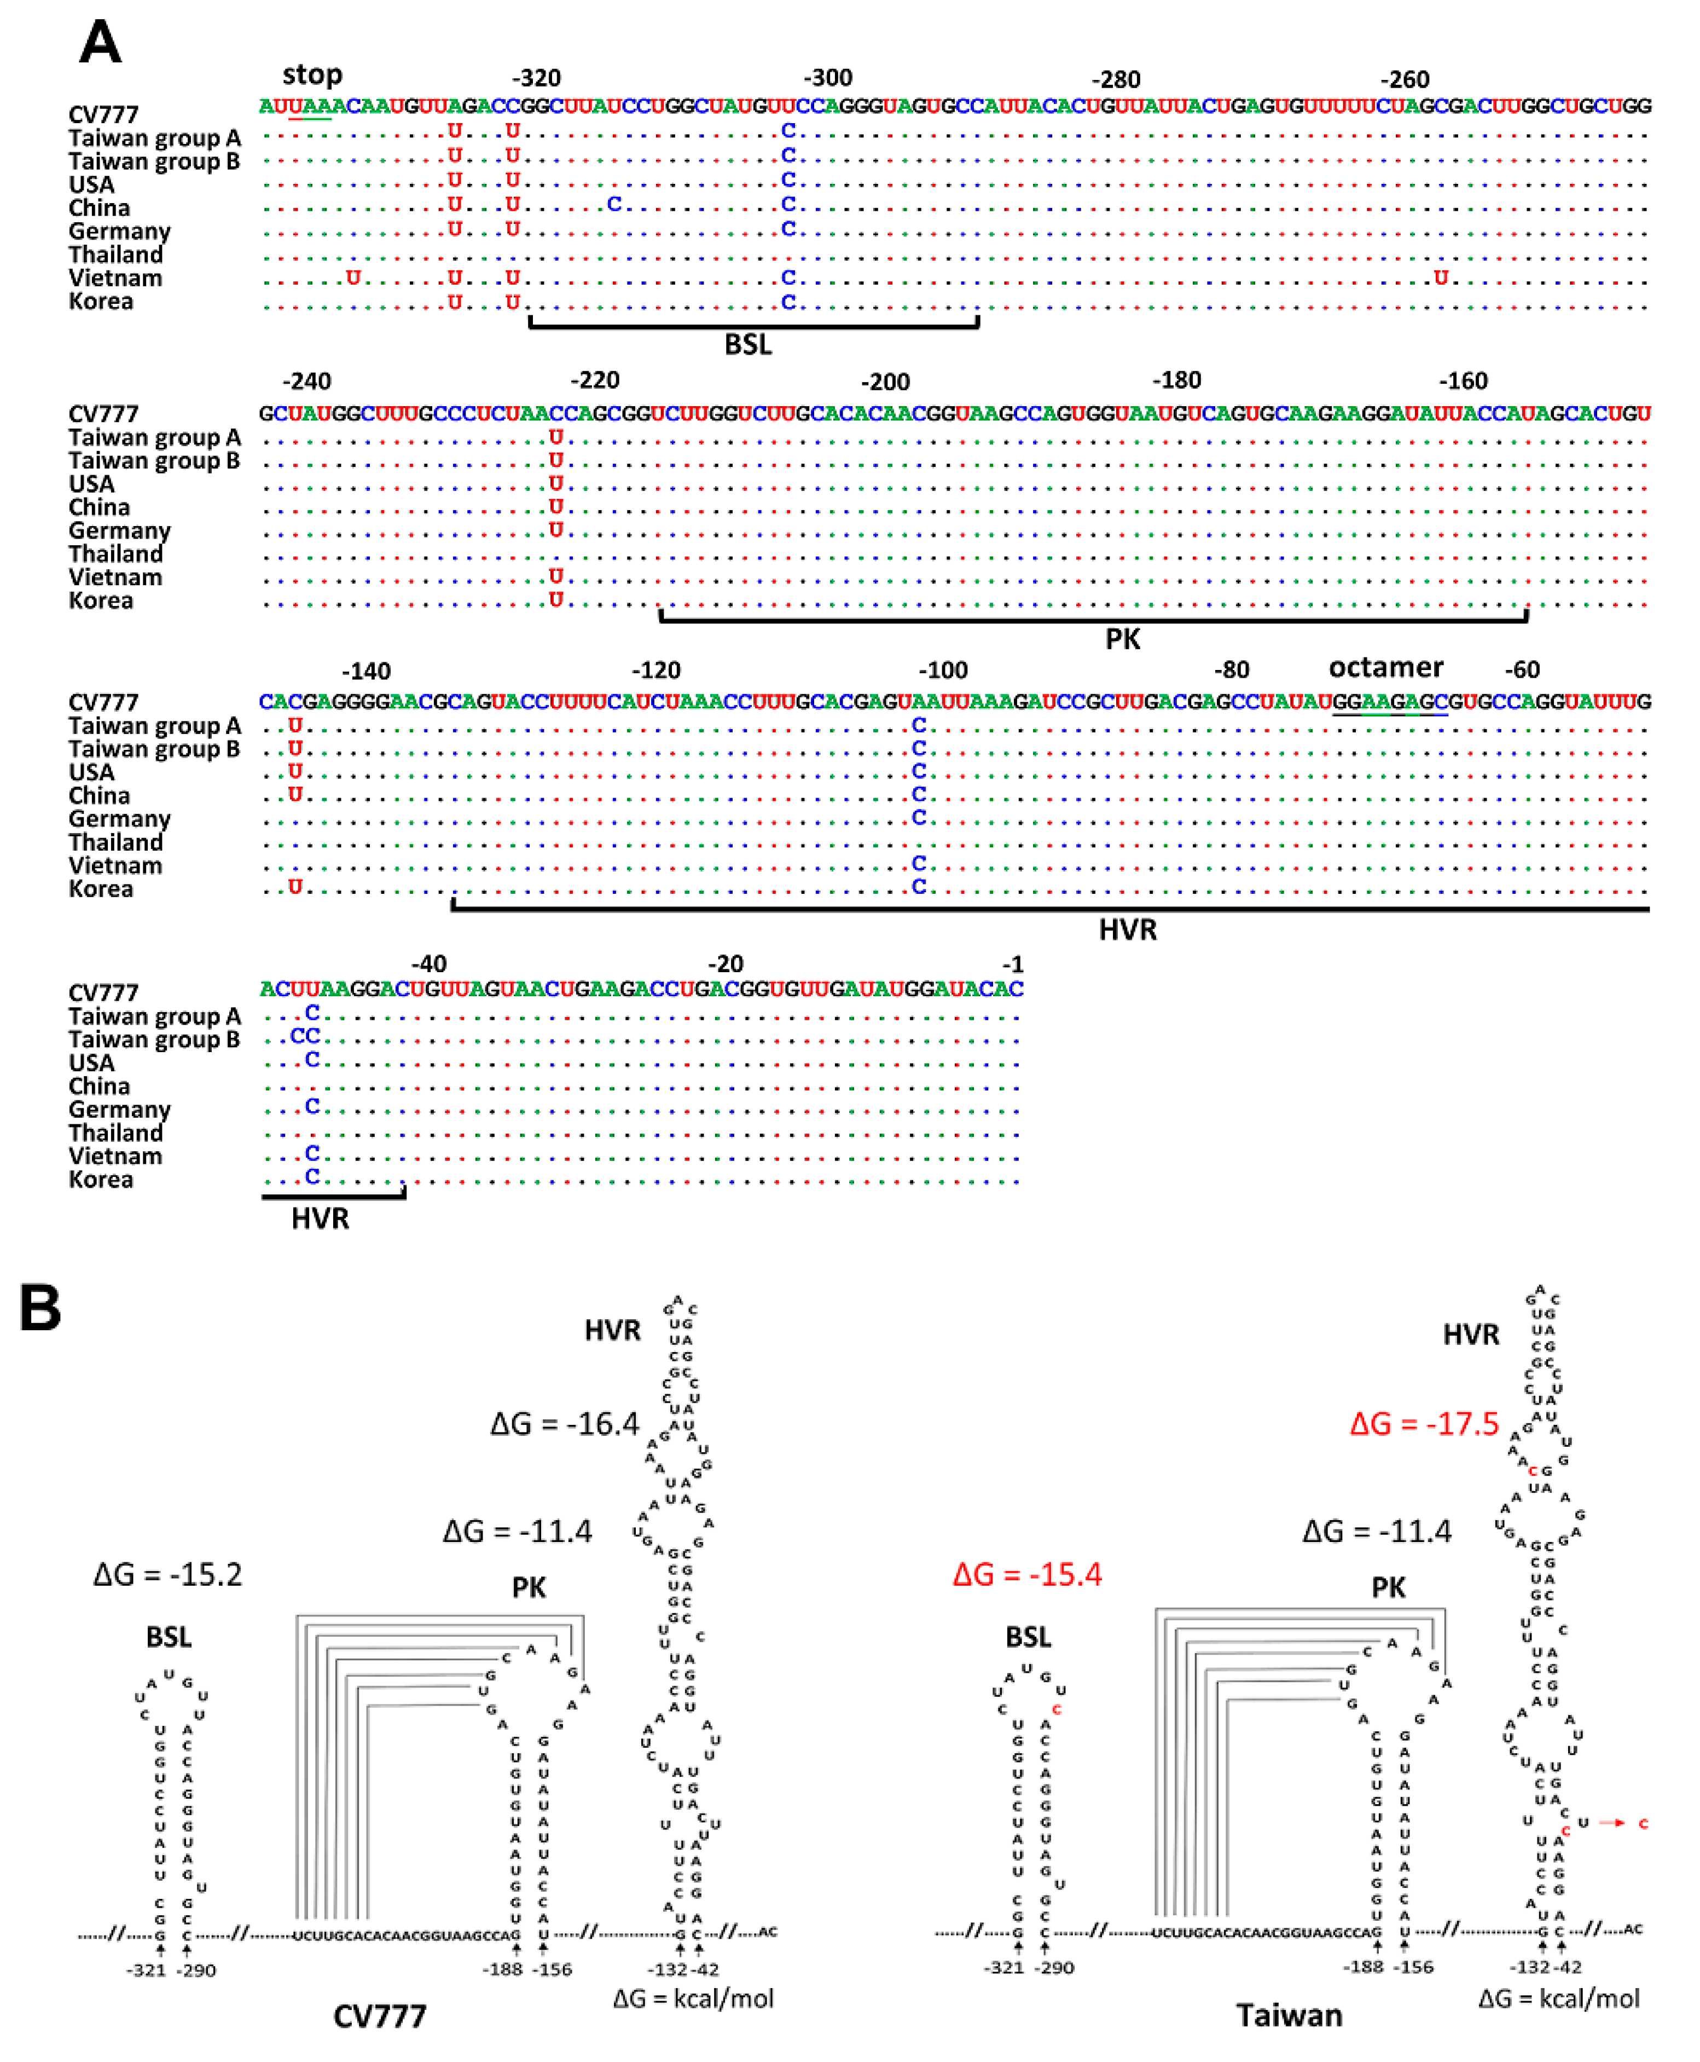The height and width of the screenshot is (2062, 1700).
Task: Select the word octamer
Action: tap(1385, 667)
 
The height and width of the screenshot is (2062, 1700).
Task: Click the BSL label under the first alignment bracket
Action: tap(748, 345)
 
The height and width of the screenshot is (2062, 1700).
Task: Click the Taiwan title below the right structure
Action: tap(1289, 2015)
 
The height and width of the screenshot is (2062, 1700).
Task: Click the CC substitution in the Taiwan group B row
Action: tap(305, 1036)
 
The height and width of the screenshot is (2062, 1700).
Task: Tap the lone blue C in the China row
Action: tap(614, 204)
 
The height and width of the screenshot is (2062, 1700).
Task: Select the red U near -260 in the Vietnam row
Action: tap(1441, 278)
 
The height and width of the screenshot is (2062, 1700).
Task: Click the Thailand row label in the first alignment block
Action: tap(115, 255)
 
